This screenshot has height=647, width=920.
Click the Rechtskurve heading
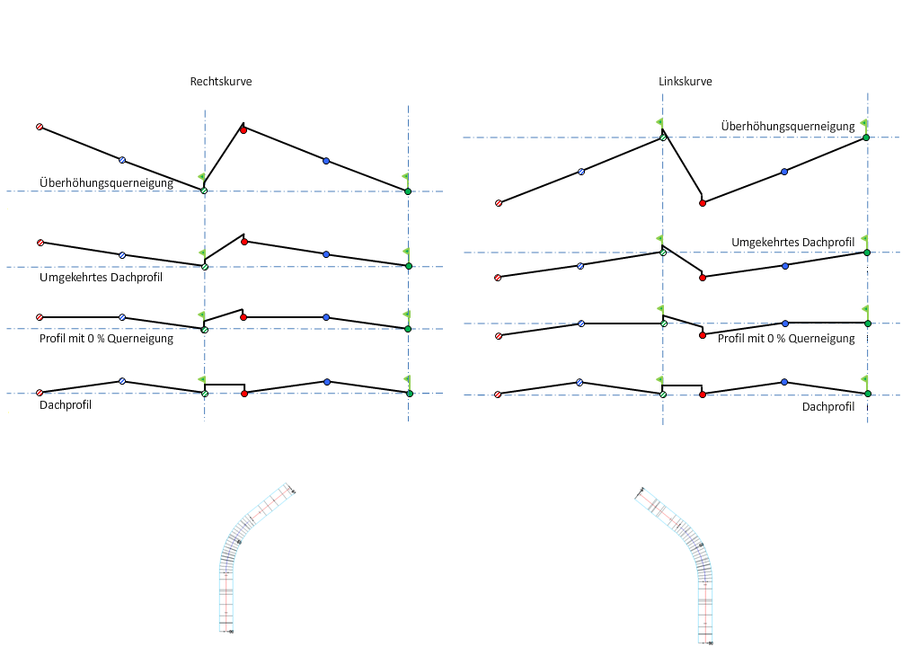[220, 81]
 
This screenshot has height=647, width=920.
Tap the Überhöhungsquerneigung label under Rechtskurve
[106, 183]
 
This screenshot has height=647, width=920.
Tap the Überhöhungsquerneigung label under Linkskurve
[787, 126]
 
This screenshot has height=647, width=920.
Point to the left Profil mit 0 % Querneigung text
[106, 338]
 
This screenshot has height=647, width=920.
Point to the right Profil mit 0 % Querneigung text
[786, 338]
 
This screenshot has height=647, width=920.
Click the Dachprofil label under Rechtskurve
[66, 404]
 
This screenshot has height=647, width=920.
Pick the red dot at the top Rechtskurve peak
[243, 129]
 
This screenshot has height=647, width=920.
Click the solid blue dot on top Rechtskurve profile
[326, 161]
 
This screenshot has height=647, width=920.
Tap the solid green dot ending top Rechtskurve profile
[408, 191]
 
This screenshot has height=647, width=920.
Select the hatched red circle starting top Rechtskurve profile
[40, 128]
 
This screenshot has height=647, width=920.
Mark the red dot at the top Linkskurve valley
[703, 203]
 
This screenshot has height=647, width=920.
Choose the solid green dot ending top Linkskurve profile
[866, 137]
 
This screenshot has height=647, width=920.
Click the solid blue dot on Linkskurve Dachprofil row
[784, 382]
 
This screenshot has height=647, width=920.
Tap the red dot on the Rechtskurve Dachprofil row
[244, 393]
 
